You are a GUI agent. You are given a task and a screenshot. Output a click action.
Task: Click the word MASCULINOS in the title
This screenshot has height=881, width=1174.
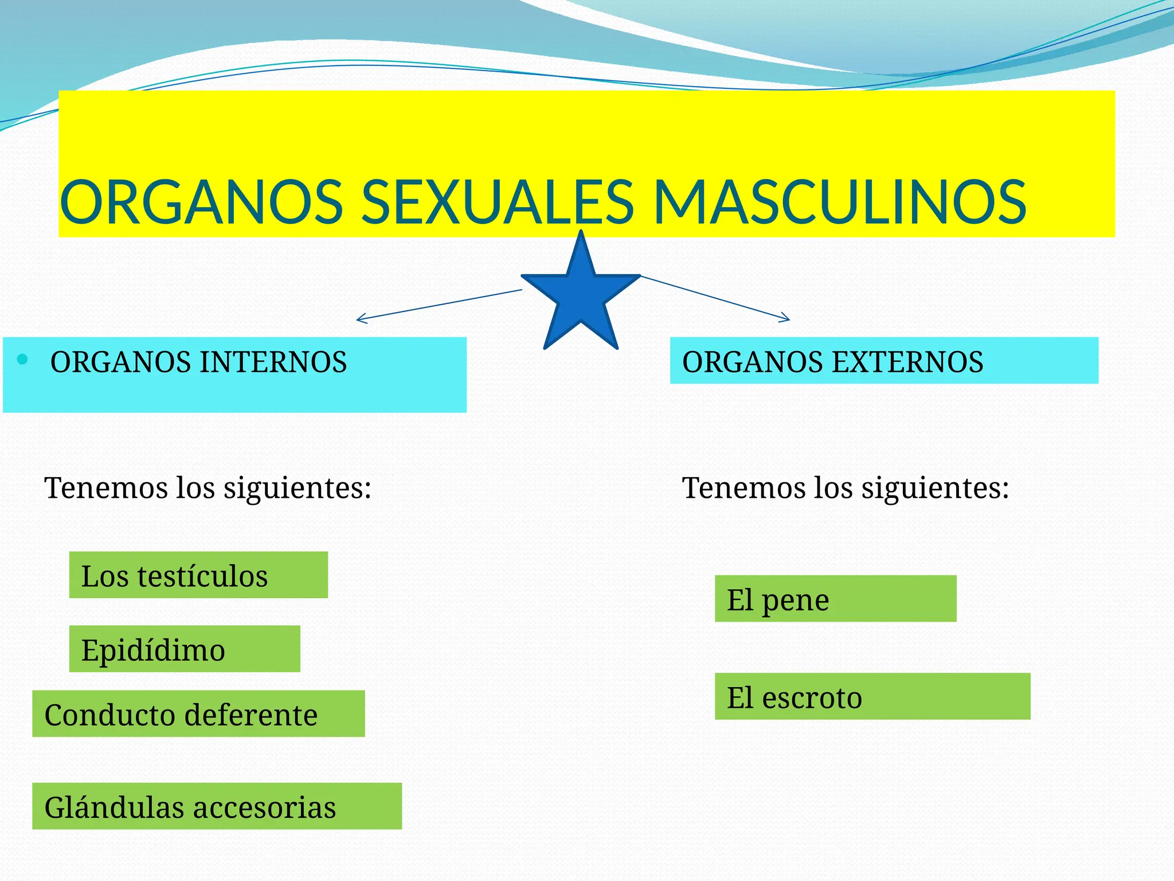(x=840, y=202)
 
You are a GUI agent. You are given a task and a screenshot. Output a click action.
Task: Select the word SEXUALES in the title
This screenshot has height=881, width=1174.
(x=498, y=202)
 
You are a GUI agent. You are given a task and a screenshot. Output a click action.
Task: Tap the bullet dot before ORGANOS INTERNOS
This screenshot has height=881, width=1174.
(x=22, y=360)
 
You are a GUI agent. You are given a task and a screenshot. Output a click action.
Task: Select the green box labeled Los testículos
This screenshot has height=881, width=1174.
(x=198, y=575)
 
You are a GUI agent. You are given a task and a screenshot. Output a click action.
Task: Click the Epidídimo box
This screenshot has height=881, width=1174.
(x=185, y=649)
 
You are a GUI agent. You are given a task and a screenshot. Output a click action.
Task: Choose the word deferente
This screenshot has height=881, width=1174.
(x=251, y=715)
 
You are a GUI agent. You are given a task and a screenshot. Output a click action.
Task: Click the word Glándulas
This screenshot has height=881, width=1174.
(x=114, y=807)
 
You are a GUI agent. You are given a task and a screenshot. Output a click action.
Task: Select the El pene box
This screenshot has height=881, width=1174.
(x=835, y=599)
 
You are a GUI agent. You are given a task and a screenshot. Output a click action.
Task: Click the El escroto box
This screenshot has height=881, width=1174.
(x=872, y=696)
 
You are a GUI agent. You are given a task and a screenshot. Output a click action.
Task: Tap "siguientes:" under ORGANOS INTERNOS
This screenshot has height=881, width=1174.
(x=297, y=489)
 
